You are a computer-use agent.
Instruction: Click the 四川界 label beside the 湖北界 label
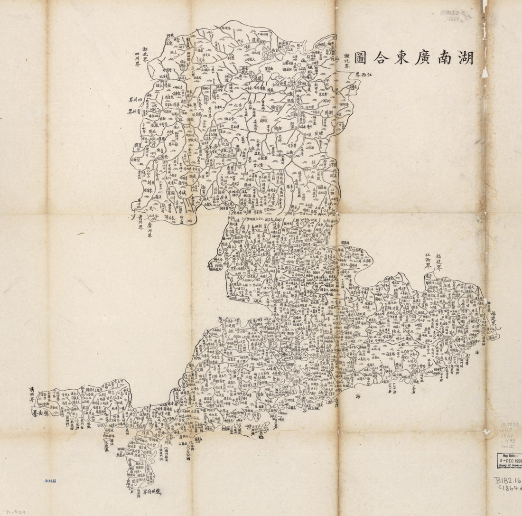click(137, 61)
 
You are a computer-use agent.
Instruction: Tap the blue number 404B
click(50, 481)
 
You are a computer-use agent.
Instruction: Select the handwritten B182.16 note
click(507, 480)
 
